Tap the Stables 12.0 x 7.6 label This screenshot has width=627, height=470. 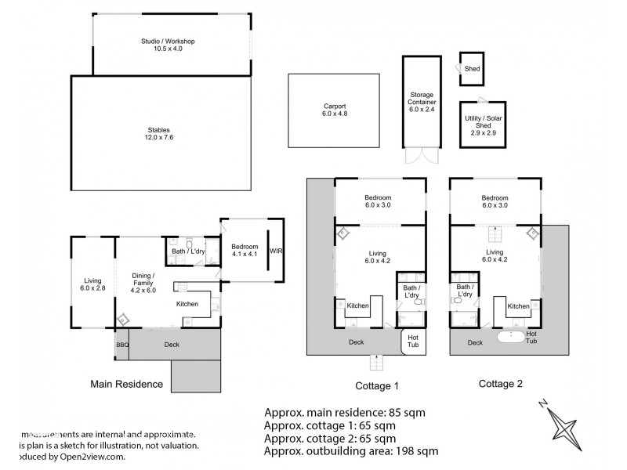158,134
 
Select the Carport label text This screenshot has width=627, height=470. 335,110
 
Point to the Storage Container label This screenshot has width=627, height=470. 422,101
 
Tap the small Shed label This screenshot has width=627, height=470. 472,69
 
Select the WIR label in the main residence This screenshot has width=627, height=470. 275,252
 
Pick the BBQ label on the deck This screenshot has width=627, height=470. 122,344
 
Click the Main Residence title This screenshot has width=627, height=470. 127,384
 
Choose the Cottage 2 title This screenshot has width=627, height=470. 500,384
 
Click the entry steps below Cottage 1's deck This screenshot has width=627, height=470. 376,362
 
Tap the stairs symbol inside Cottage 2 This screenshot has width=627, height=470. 495,233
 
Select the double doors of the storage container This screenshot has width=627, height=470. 422,155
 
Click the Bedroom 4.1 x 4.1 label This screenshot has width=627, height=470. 245,250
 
